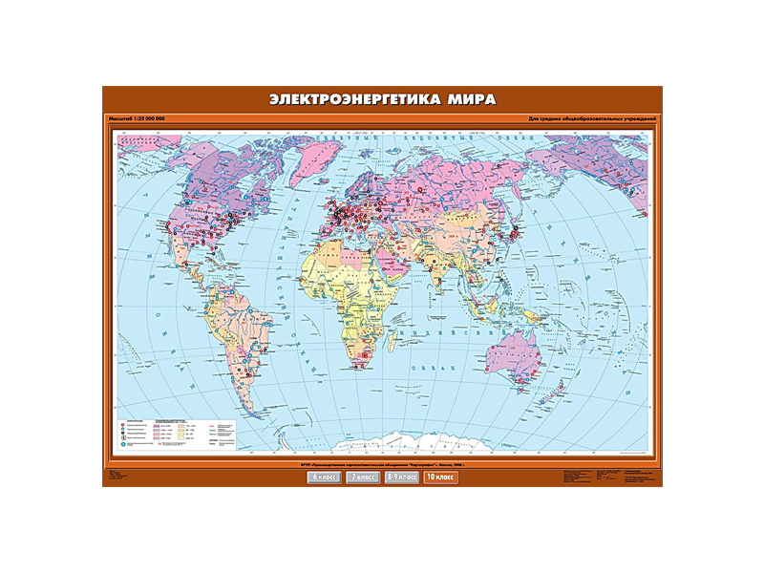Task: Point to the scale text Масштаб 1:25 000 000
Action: pos(138,117)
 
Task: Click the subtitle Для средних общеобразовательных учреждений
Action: pos(591,117)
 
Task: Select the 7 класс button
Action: pos(362,476)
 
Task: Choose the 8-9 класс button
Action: pos(401,476)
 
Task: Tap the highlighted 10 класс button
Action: pos(440,476)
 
